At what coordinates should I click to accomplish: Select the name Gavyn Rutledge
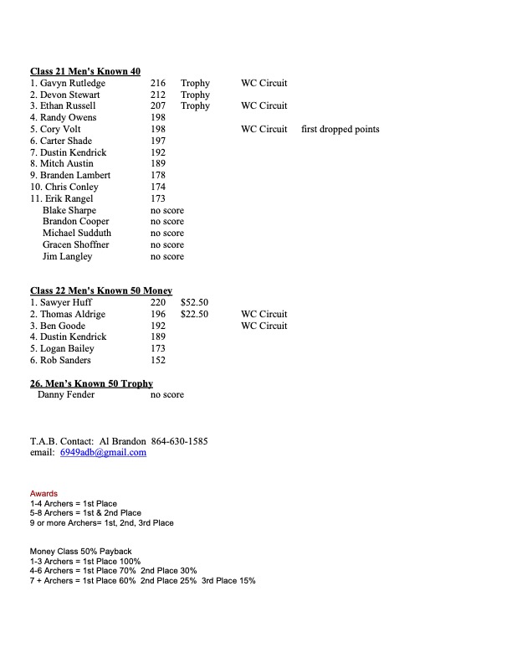[73, 83]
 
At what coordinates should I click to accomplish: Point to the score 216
[158, 83]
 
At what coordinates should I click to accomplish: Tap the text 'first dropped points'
[340, 130]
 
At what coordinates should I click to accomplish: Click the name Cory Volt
[60, 130]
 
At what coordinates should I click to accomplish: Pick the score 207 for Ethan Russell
[158, 106]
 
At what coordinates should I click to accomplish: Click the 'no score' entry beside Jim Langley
[167, 256]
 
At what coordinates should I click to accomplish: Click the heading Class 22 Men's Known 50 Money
[101, 290]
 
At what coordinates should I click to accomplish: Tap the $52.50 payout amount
[194, 302]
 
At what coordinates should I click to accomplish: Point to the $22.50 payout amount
[194, 314]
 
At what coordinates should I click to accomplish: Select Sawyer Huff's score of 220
[158, 302]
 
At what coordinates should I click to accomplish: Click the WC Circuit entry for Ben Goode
[264, 326]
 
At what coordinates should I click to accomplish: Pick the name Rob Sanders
[67, 360]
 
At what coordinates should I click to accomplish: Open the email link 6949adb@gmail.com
[103, 452]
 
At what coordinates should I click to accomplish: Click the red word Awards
[44, 494]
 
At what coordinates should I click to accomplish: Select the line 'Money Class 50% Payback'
[81, 552]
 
